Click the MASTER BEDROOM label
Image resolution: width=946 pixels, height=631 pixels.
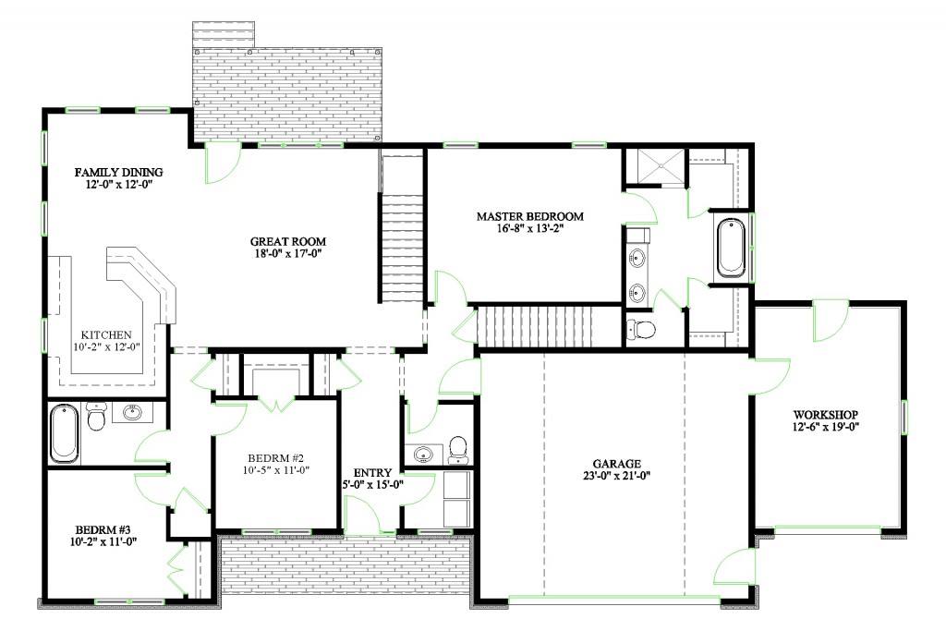(x=529, y=216)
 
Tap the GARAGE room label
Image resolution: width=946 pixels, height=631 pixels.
(x=618, y=464)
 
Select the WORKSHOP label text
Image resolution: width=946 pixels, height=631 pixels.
(x=826, y=414)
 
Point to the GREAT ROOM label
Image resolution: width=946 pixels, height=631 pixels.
(x=289, y=242)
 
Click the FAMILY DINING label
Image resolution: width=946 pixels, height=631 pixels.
(x=118, y=172)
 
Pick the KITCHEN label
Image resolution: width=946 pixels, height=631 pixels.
(x=106, y=334)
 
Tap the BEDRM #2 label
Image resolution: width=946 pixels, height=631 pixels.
(x=275, y=457)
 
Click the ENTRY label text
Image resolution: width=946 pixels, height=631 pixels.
(x=373, y=473)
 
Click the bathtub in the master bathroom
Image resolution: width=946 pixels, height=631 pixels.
(x=731, y=247)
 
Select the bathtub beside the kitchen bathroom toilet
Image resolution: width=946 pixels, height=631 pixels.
(x=65, y=433)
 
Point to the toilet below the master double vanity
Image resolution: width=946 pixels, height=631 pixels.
(x=640, y=329)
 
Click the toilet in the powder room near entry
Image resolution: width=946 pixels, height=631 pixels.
(x=456, y=449)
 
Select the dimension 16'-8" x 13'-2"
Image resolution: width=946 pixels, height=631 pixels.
(x=529, y=230)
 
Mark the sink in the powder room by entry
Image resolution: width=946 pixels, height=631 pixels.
(x=423, y=454)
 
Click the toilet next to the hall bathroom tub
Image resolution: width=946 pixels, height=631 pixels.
(x=95, y=418)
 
